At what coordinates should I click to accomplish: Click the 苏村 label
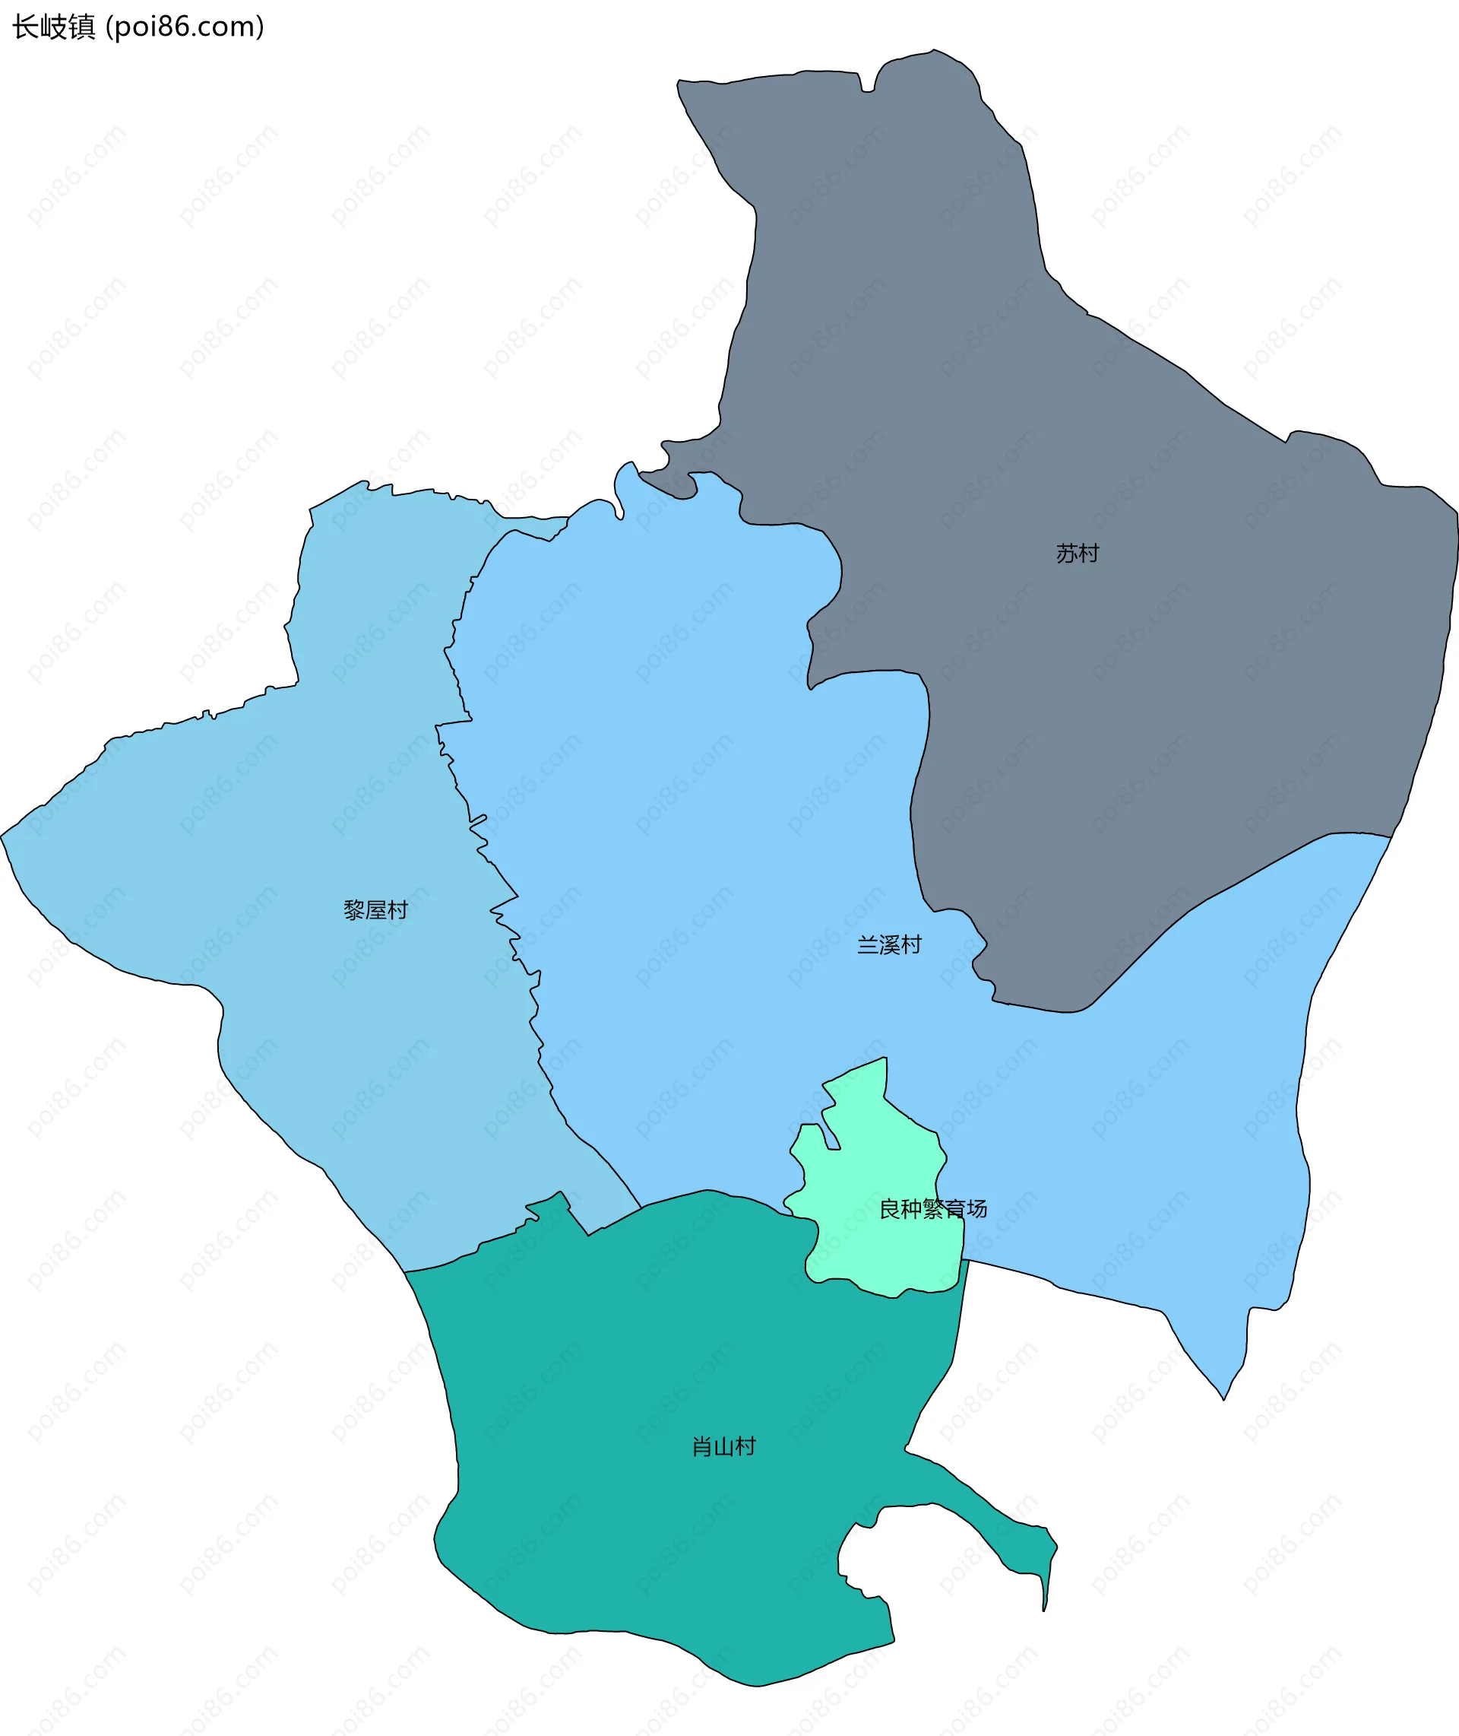1077,554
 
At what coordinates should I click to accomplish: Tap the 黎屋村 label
375,910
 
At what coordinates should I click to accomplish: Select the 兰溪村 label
889,945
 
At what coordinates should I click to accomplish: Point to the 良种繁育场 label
933,1209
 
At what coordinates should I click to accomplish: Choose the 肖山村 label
723,1446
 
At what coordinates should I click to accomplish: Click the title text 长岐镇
54,27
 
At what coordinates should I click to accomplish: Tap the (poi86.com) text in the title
185,27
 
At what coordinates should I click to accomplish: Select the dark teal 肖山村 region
662,1365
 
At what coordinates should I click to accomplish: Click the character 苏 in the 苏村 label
1066,554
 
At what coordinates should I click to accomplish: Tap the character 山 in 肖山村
723,1446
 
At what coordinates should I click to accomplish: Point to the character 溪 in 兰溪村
889,945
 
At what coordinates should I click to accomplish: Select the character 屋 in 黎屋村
375,910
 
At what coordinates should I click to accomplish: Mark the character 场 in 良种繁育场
976,1209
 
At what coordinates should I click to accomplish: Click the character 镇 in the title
82,27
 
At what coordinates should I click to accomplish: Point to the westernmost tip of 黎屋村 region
3,836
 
